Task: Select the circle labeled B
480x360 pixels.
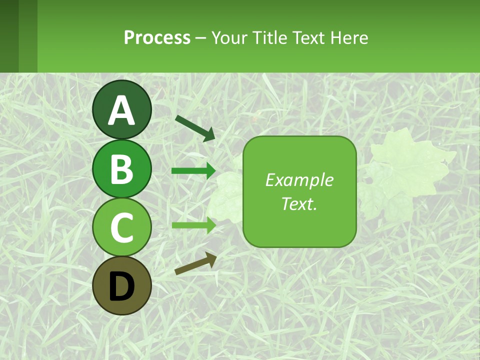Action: click(121, 168)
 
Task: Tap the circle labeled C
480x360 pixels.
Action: click(121, 227)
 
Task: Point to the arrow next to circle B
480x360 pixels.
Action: click(193, 171)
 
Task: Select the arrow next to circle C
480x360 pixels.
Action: click(193, 225)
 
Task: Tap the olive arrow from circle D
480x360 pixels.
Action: click(195, 263)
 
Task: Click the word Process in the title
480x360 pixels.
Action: click(157, 37)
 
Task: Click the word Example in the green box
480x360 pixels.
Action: click(299, 180)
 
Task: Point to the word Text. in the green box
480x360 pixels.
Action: click(299, 204)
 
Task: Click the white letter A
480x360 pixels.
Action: click(121, 110)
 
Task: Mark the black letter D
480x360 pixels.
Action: click(121, 286)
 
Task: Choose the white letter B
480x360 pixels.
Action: click(121, 169)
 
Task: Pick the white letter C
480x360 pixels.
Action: click(121, 228)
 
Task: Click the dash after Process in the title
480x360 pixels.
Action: click(201, 38)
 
